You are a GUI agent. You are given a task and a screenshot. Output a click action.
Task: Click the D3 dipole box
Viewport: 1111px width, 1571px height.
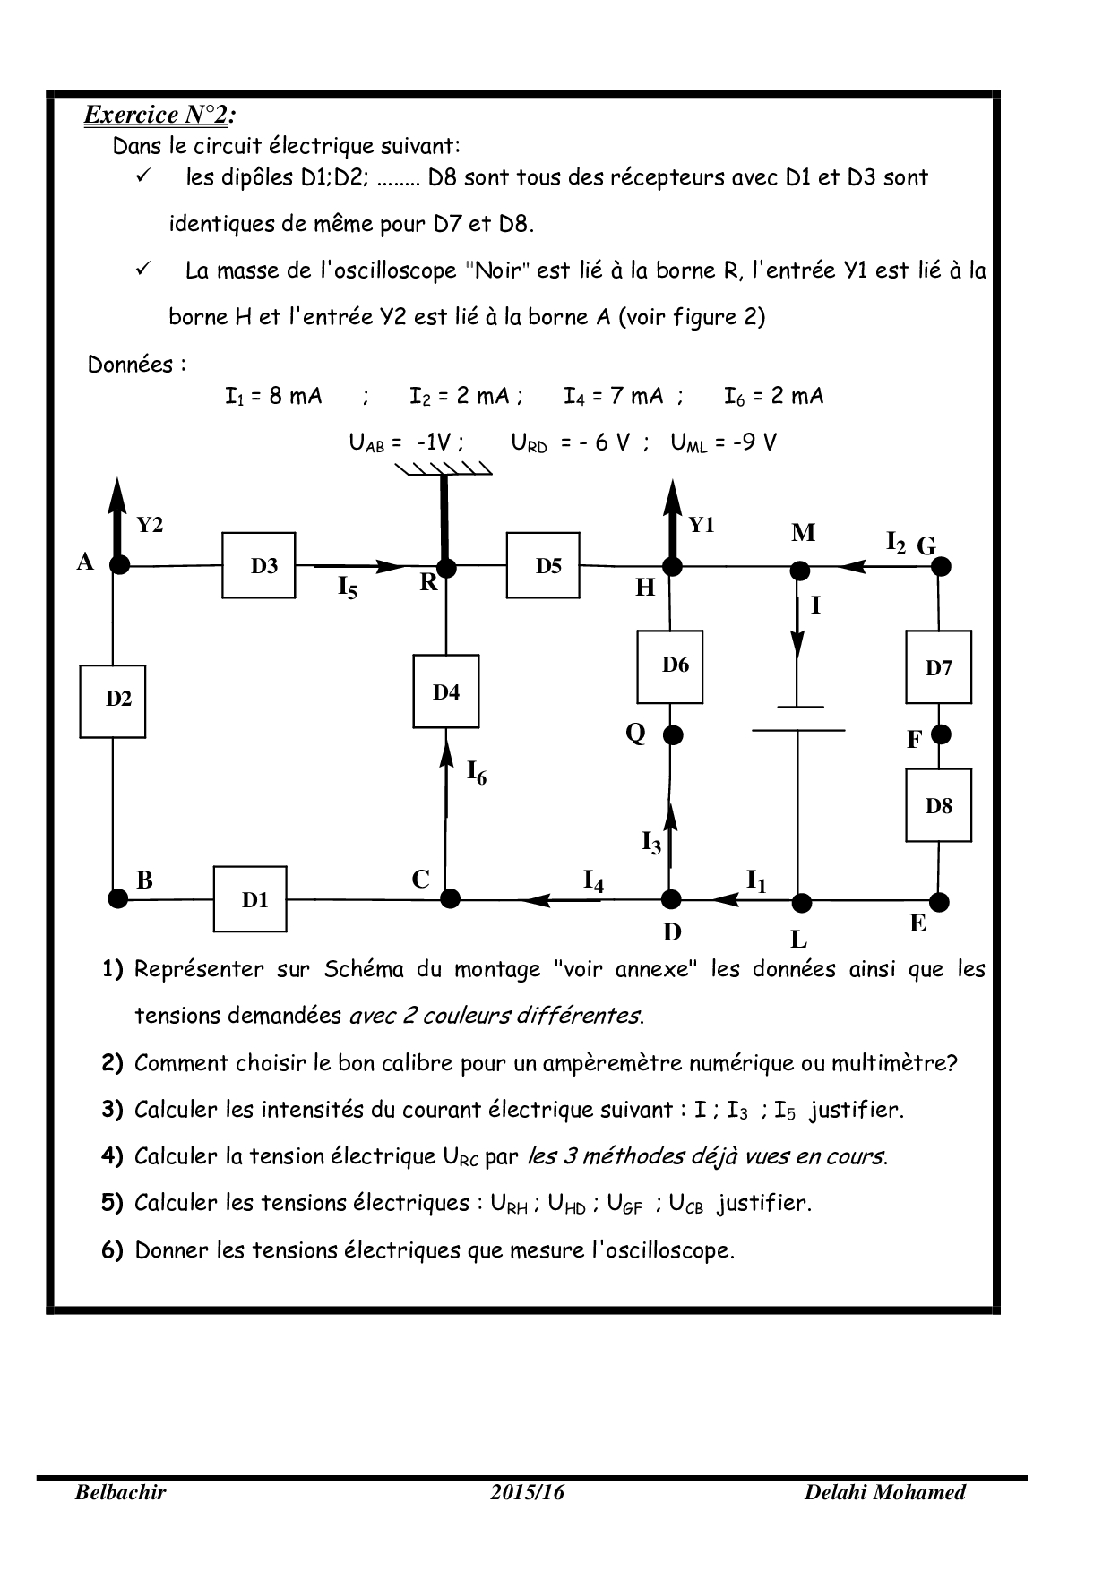tap(259, 565)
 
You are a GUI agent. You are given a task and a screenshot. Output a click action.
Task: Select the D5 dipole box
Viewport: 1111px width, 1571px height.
tap(543, 565)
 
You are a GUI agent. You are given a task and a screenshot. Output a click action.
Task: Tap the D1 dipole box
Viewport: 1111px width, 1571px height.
tap(250, 899)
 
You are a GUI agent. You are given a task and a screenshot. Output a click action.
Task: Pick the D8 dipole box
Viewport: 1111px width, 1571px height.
tap(938, 805)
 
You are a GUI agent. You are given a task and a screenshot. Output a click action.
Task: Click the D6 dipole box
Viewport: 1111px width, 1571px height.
tap(670, 666)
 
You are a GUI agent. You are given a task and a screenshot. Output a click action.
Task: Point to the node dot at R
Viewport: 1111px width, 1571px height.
tap(446, 567)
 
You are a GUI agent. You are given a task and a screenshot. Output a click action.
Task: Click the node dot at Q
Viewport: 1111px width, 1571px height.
tap(673, 735)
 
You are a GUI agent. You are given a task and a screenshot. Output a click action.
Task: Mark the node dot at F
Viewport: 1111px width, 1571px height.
tap(940, 734)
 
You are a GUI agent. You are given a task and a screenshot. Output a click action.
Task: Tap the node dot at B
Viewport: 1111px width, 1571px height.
tap(116, 898)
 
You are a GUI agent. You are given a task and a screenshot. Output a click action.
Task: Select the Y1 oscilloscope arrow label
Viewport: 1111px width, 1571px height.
tap(701, 526)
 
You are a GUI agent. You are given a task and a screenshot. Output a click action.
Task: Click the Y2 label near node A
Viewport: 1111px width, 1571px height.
tap(150, 526)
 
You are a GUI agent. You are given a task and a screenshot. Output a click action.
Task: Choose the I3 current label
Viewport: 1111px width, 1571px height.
tap(651, 842)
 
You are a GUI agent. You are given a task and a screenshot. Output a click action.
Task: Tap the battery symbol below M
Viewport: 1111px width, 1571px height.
tap(797, 717)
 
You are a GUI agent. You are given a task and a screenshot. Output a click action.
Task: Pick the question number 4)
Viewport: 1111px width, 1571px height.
tap(112, 1156)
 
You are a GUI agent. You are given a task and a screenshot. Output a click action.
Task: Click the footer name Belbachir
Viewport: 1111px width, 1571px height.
tap(120, 1492)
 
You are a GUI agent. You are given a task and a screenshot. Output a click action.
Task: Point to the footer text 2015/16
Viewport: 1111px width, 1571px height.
tap(528, 1492)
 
